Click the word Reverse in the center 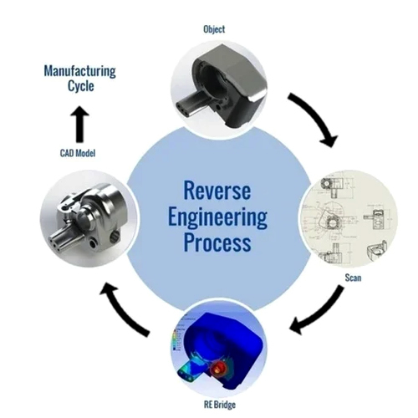tap(217, 191)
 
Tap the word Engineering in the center tap(217, 218)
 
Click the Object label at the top tap(214, 29)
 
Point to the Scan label tap(353, 278)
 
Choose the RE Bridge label tap(220, 405)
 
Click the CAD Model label tap(78, 153)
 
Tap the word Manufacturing tap(80, 71)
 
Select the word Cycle tap(81, 86)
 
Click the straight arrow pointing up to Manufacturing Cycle tap(79, 124)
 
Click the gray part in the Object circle tap(219, 86)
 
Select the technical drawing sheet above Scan tap(349, 219)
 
